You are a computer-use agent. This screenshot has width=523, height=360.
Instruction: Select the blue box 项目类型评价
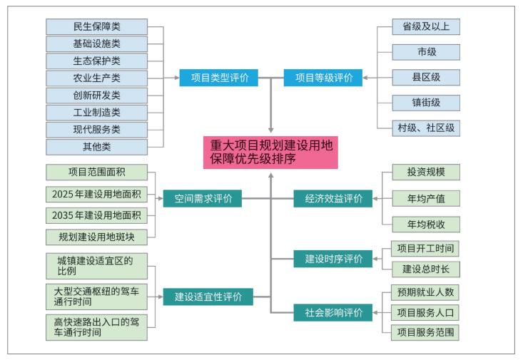click(218, 78)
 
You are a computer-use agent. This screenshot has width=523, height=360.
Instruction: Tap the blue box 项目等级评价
click(323, 78)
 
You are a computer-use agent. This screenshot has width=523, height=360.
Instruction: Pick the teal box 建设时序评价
click(333, 259)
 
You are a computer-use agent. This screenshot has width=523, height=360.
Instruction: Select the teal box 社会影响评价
click(333, 312)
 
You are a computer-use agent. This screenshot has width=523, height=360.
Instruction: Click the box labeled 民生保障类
click(96, 27)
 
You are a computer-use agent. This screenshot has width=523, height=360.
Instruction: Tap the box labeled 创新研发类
click(96, 96)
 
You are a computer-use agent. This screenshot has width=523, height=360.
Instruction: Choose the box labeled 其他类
click(96, 147)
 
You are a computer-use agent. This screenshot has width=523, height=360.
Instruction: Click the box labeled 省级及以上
click(426, 27)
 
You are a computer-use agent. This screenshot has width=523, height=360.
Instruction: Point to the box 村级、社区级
click(426, 128)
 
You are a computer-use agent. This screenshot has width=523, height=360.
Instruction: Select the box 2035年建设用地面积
click(96, 215)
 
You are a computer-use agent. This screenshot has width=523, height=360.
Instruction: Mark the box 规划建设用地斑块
click(96, 236)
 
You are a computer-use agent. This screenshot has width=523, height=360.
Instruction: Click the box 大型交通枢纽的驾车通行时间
click(96, 296)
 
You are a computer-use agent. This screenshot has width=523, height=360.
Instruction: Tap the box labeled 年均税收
click(426, 224)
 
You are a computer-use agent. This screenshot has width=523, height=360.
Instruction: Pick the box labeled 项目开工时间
click(426, 249)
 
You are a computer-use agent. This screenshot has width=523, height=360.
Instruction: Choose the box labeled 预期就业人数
click(426, 292)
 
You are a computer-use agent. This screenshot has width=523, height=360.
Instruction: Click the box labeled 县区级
click(426, 78)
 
